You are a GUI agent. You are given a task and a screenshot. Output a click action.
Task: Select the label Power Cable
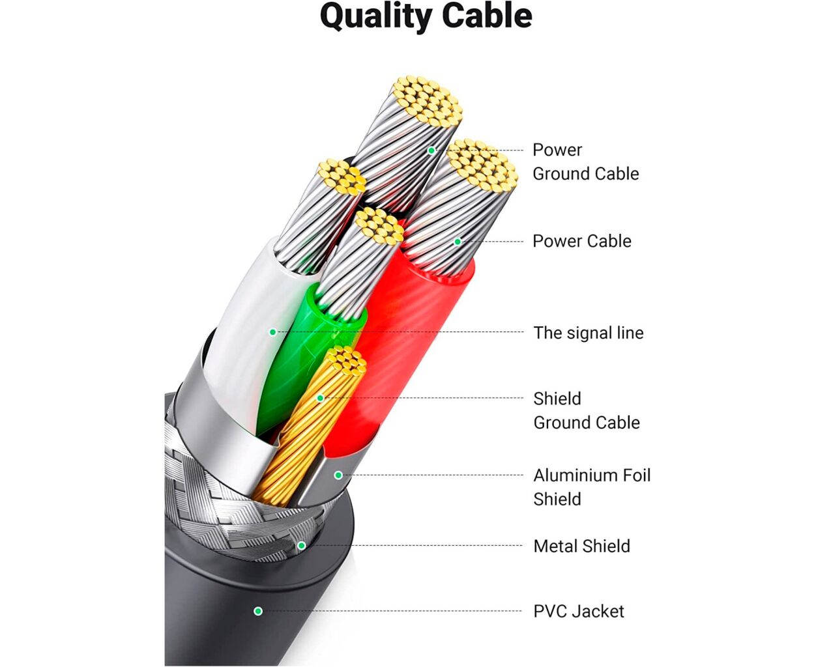[581, 241]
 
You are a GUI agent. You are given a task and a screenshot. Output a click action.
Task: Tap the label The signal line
[588, 333]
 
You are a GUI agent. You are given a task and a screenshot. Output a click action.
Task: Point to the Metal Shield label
[581, 546]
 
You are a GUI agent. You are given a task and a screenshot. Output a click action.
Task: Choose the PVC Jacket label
[578, 611]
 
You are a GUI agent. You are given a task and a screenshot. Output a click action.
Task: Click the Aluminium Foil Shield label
[591, 487]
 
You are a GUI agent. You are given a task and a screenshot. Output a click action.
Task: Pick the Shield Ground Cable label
[586, 410]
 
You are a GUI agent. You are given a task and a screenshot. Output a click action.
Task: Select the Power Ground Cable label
[585, 162]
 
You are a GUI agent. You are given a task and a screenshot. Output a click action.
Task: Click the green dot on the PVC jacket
[258, 611]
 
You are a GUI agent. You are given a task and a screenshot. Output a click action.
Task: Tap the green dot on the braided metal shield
[301, 546]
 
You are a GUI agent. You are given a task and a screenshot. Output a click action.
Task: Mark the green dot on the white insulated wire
[272, 332]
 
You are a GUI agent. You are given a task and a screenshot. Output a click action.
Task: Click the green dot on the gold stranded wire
[320, 398]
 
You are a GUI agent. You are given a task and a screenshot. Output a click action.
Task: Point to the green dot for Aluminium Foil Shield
[338, 475]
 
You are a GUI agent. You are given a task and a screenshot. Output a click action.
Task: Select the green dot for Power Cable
[458, 242]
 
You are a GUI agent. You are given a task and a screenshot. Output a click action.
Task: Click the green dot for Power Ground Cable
[431, 150]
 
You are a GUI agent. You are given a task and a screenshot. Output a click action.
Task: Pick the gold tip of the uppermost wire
[427, 101]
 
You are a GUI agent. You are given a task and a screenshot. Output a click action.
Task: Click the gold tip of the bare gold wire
[345, 360]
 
